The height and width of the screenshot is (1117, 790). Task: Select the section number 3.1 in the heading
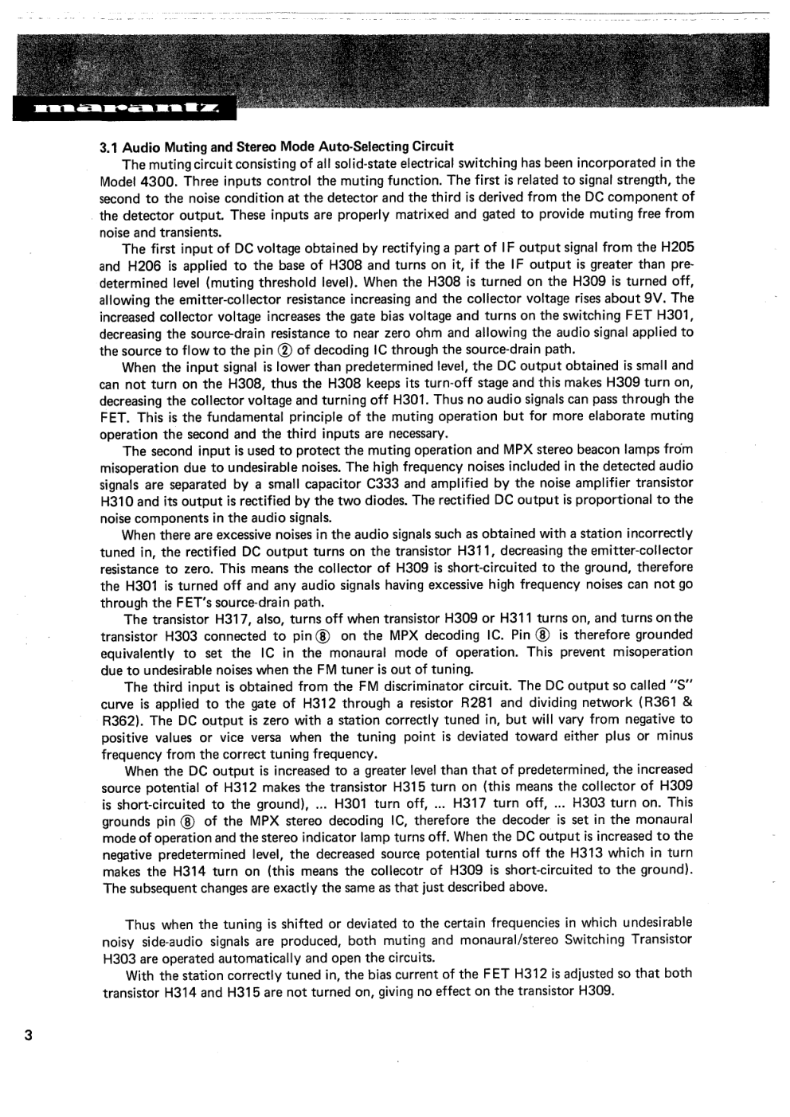click(109, 146)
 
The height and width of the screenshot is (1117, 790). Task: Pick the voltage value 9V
click(653, 299)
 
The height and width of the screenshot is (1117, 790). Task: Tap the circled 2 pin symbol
click(287, 350)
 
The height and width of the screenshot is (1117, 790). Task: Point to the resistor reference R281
click(477, 702)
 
